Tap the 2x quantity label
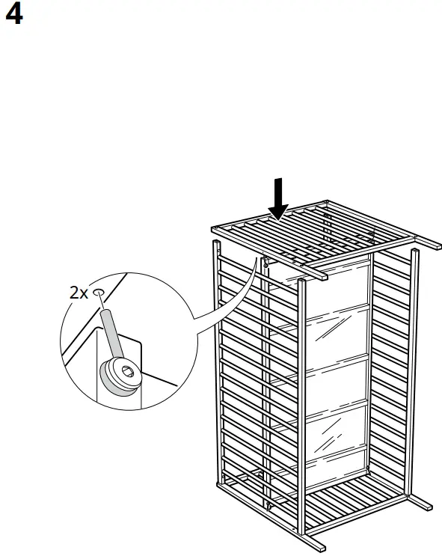click(78, 293)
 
